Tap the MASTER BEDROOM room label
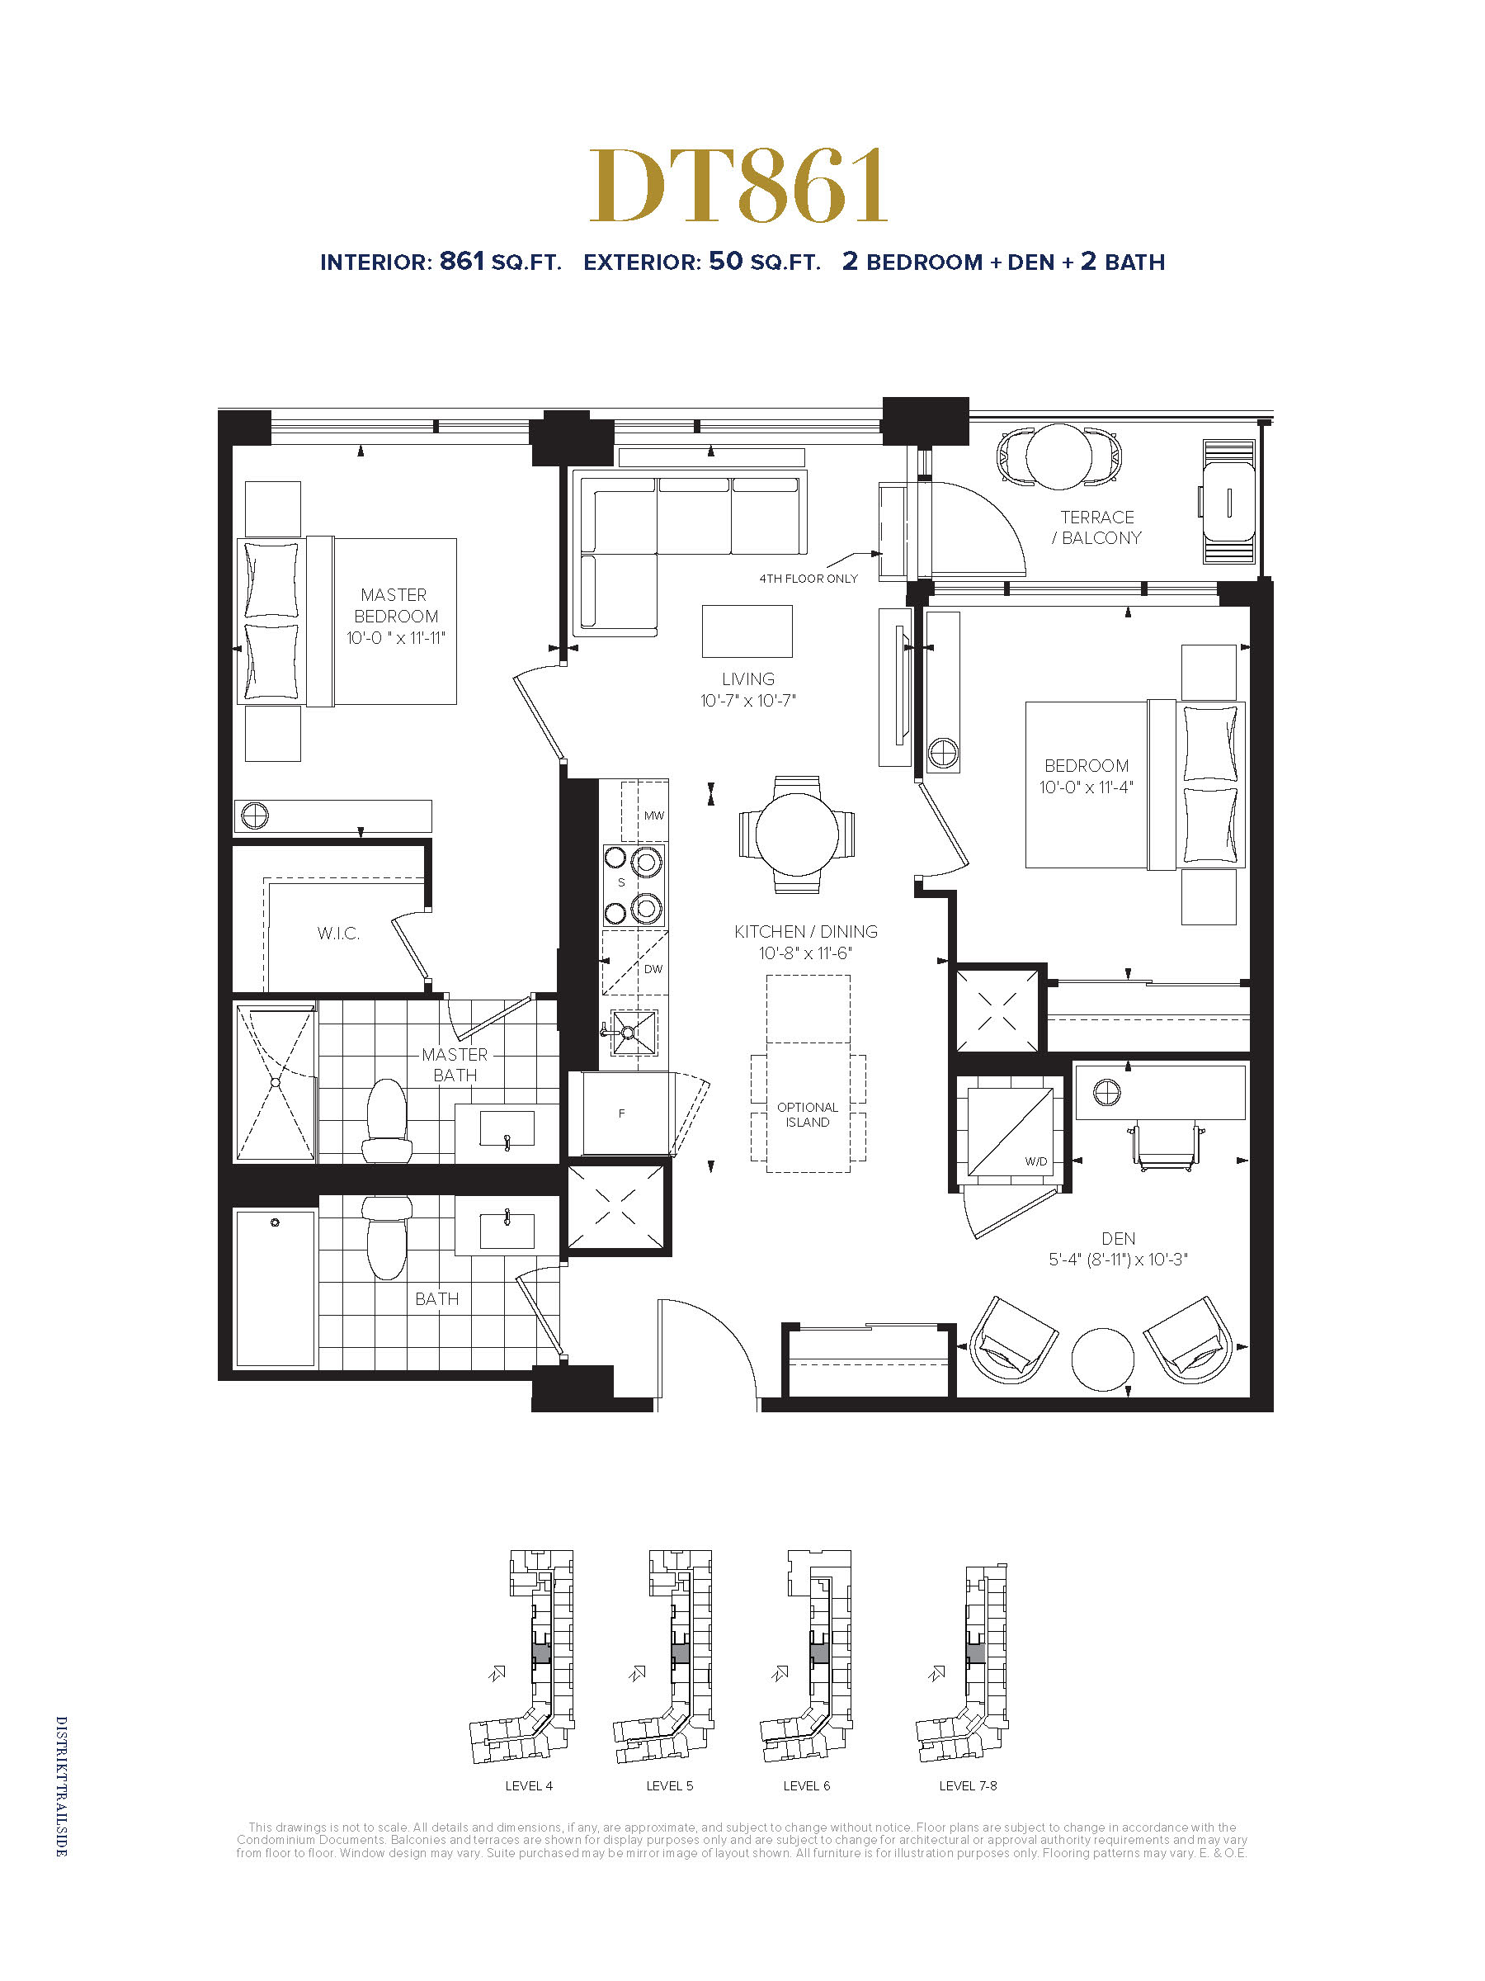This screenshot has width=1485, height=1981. tap(396, 605)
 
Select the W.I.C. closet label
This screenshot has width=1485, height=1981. tap(338, 934)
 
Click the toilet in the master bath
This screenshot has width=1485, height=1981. tap(387, 1121)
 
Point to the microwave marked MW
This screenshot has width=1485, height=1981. tap(644, 811)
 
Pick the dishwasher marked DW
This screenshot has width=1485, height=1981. tap(634, 962)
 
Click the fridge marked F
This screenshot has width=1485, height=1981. tap(625, 1113)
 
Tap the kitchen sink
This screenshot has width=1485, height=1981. tap(634, 1033)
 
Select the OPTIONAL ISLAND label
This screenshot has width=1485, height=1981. tap(808, 1114)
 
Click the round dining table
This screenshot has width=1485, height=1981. tap(797, 834)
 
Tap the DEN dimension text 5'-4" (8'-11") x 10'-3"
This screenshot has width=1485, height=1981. tap(1118, 1259)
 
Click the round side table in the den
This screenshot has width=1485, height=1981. tap(1103, 1359)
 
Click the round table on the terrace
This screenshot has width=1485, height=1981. tap(1059, 456)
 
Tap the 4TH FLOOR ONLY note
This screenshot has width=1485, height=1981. tap(808, 579)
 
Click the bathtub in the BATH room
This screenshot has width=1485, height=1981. tap(276, 1288)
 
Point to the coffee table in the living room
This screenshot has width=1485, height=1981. tap(747, 631)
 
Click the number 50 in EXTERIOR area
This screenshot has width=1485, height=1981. tap(726, 261)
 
